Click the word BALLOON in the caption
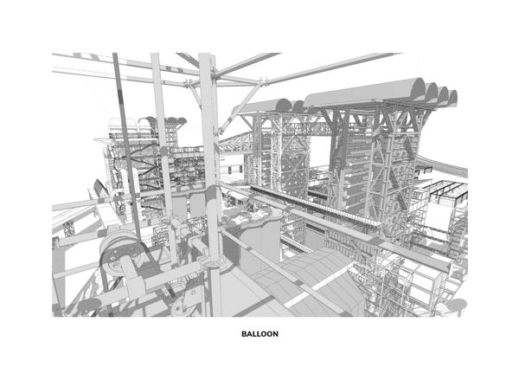coord(259,334)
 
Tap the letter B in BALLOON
coord(244,334)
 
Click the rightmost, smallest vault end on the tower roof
coord(452,97)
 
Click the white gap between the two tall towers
coord(320,153)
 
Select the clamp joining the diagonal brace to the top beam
coord(262,81)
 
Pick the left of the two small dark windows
coord(230,170)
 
